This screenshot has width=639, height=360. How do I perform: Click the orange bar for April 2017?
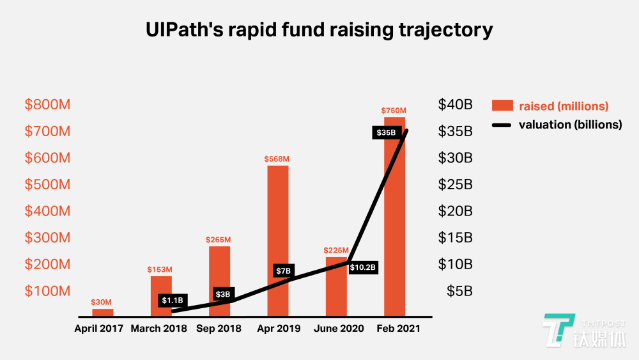[x=102, y=313]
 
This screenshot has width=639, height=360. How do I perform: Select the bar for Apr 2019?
[x=277, y=241]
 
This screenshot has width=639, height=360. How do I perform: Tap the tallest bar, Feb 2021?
[x=394, y=217]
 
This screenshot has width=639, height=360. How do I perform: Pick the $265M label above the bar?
[x=219, y=240]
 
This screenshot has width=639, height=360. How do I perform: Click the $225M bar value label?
[x=336, y=250]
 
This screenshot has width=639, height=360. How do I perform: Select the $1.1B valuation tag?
[x=173, y=300]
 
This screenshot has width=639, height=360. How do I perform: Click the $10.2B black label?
[x=364, y=267]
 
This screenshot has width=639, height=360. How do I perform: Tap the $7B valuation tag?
[x=284, y=270]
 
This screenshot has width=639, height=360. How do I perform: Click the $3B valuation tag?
[x=223, y=294]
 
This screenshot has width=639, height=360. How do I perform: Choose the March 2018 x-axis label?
[x=159, y=329]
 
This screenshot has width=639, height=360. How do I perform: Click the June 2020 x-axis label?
[x=339, y=329]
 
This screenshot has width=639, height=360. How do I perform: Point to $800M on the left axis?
[x=48, y=105]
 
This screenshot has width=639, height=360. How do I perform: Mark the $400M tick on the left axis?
[x=48, y=211]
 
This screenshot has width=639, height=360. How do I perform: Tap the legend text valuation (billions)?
[x=570, y=125]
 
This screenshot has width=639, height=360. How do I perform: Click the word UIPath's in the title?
[x=185, y=29]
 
